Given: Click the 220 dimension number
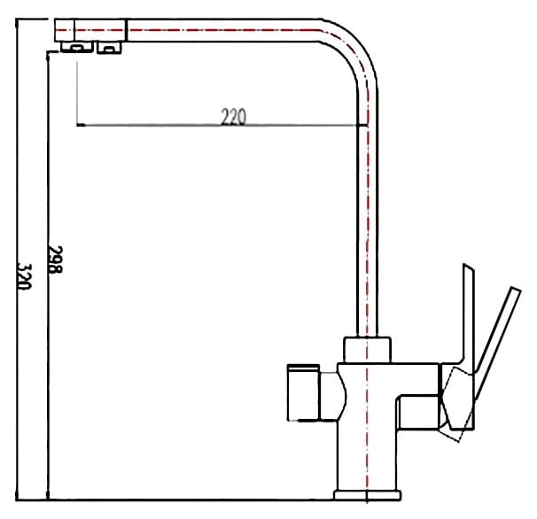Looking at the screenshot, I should pyautogui.click(x=233, y=117).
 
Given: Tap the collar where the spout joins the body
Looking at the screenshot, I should pyautogui.click(x=366, y=348).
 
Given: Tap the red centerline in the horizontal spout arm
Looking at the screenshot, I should pyautogui.click(x=222, y=34).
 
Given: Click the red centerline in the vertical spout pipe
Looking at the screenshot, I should pyautogui.click(x=367, y=221).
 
